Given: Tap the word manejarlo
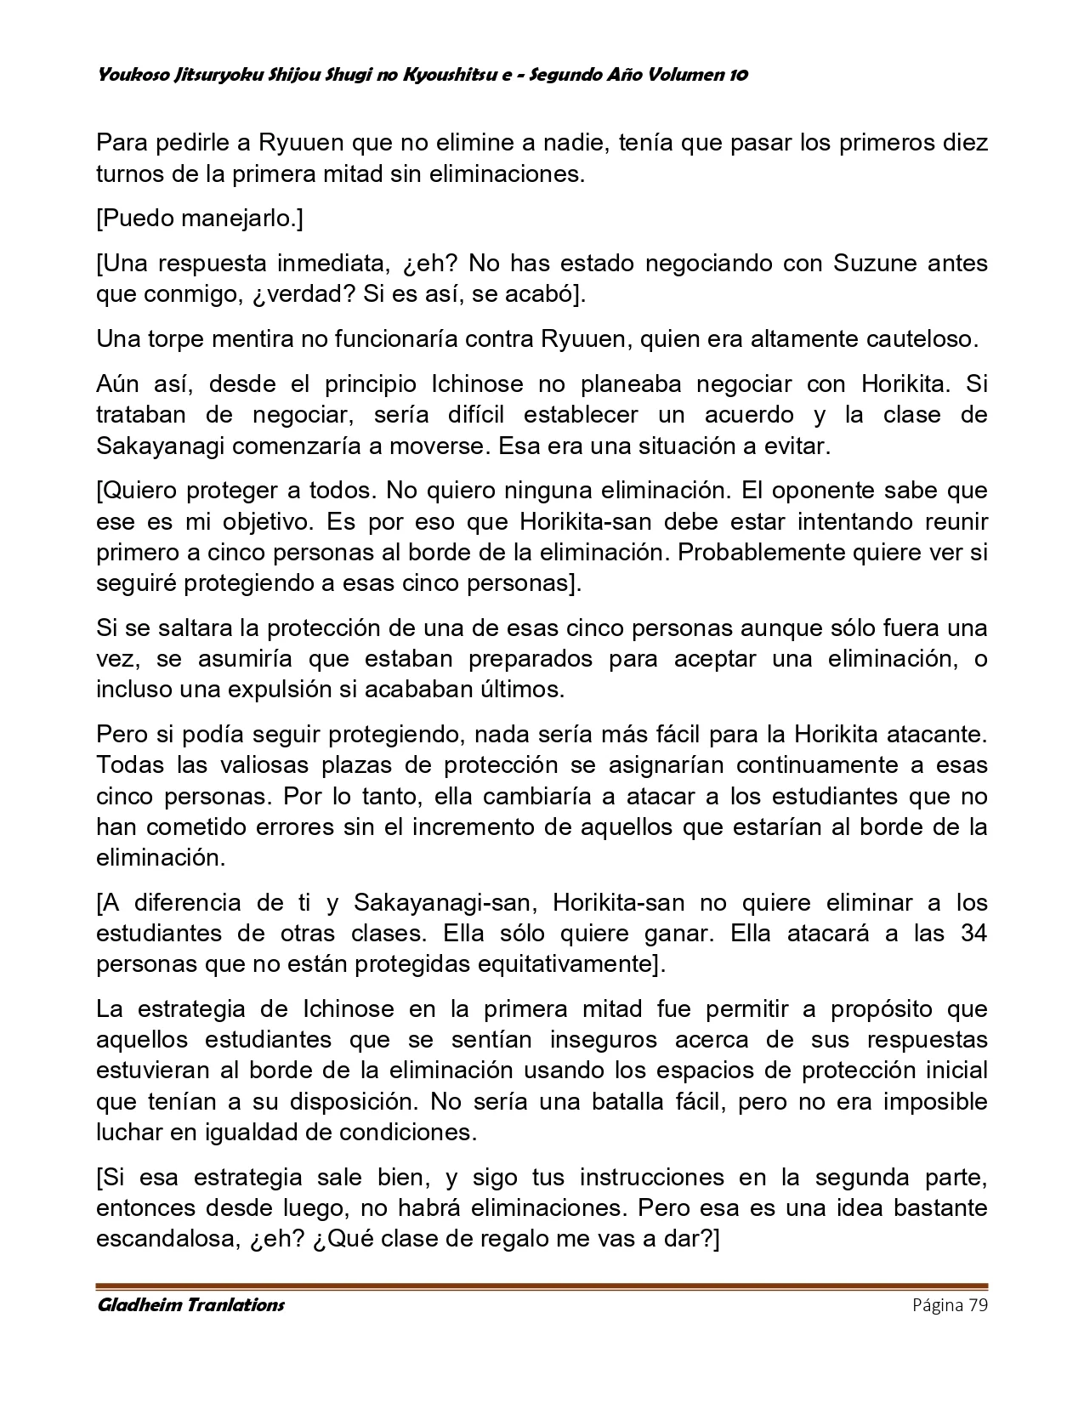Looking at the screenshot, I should pyautogui.click(x=240, y=219).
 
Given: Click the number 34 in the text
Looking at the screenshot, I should pyautogui.click(x=973, y=933).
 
